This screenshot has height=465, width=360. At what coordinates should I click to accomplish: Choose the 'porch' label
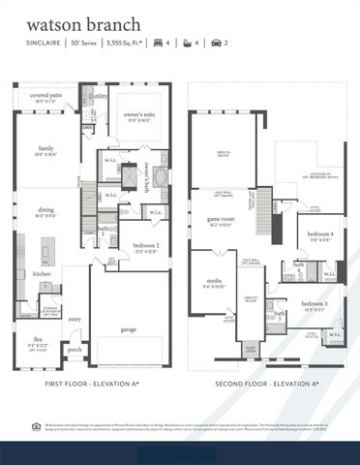pos(75,350)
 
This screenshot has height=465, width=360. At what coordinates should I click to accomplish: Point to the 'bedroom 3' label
pos(315,304)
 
